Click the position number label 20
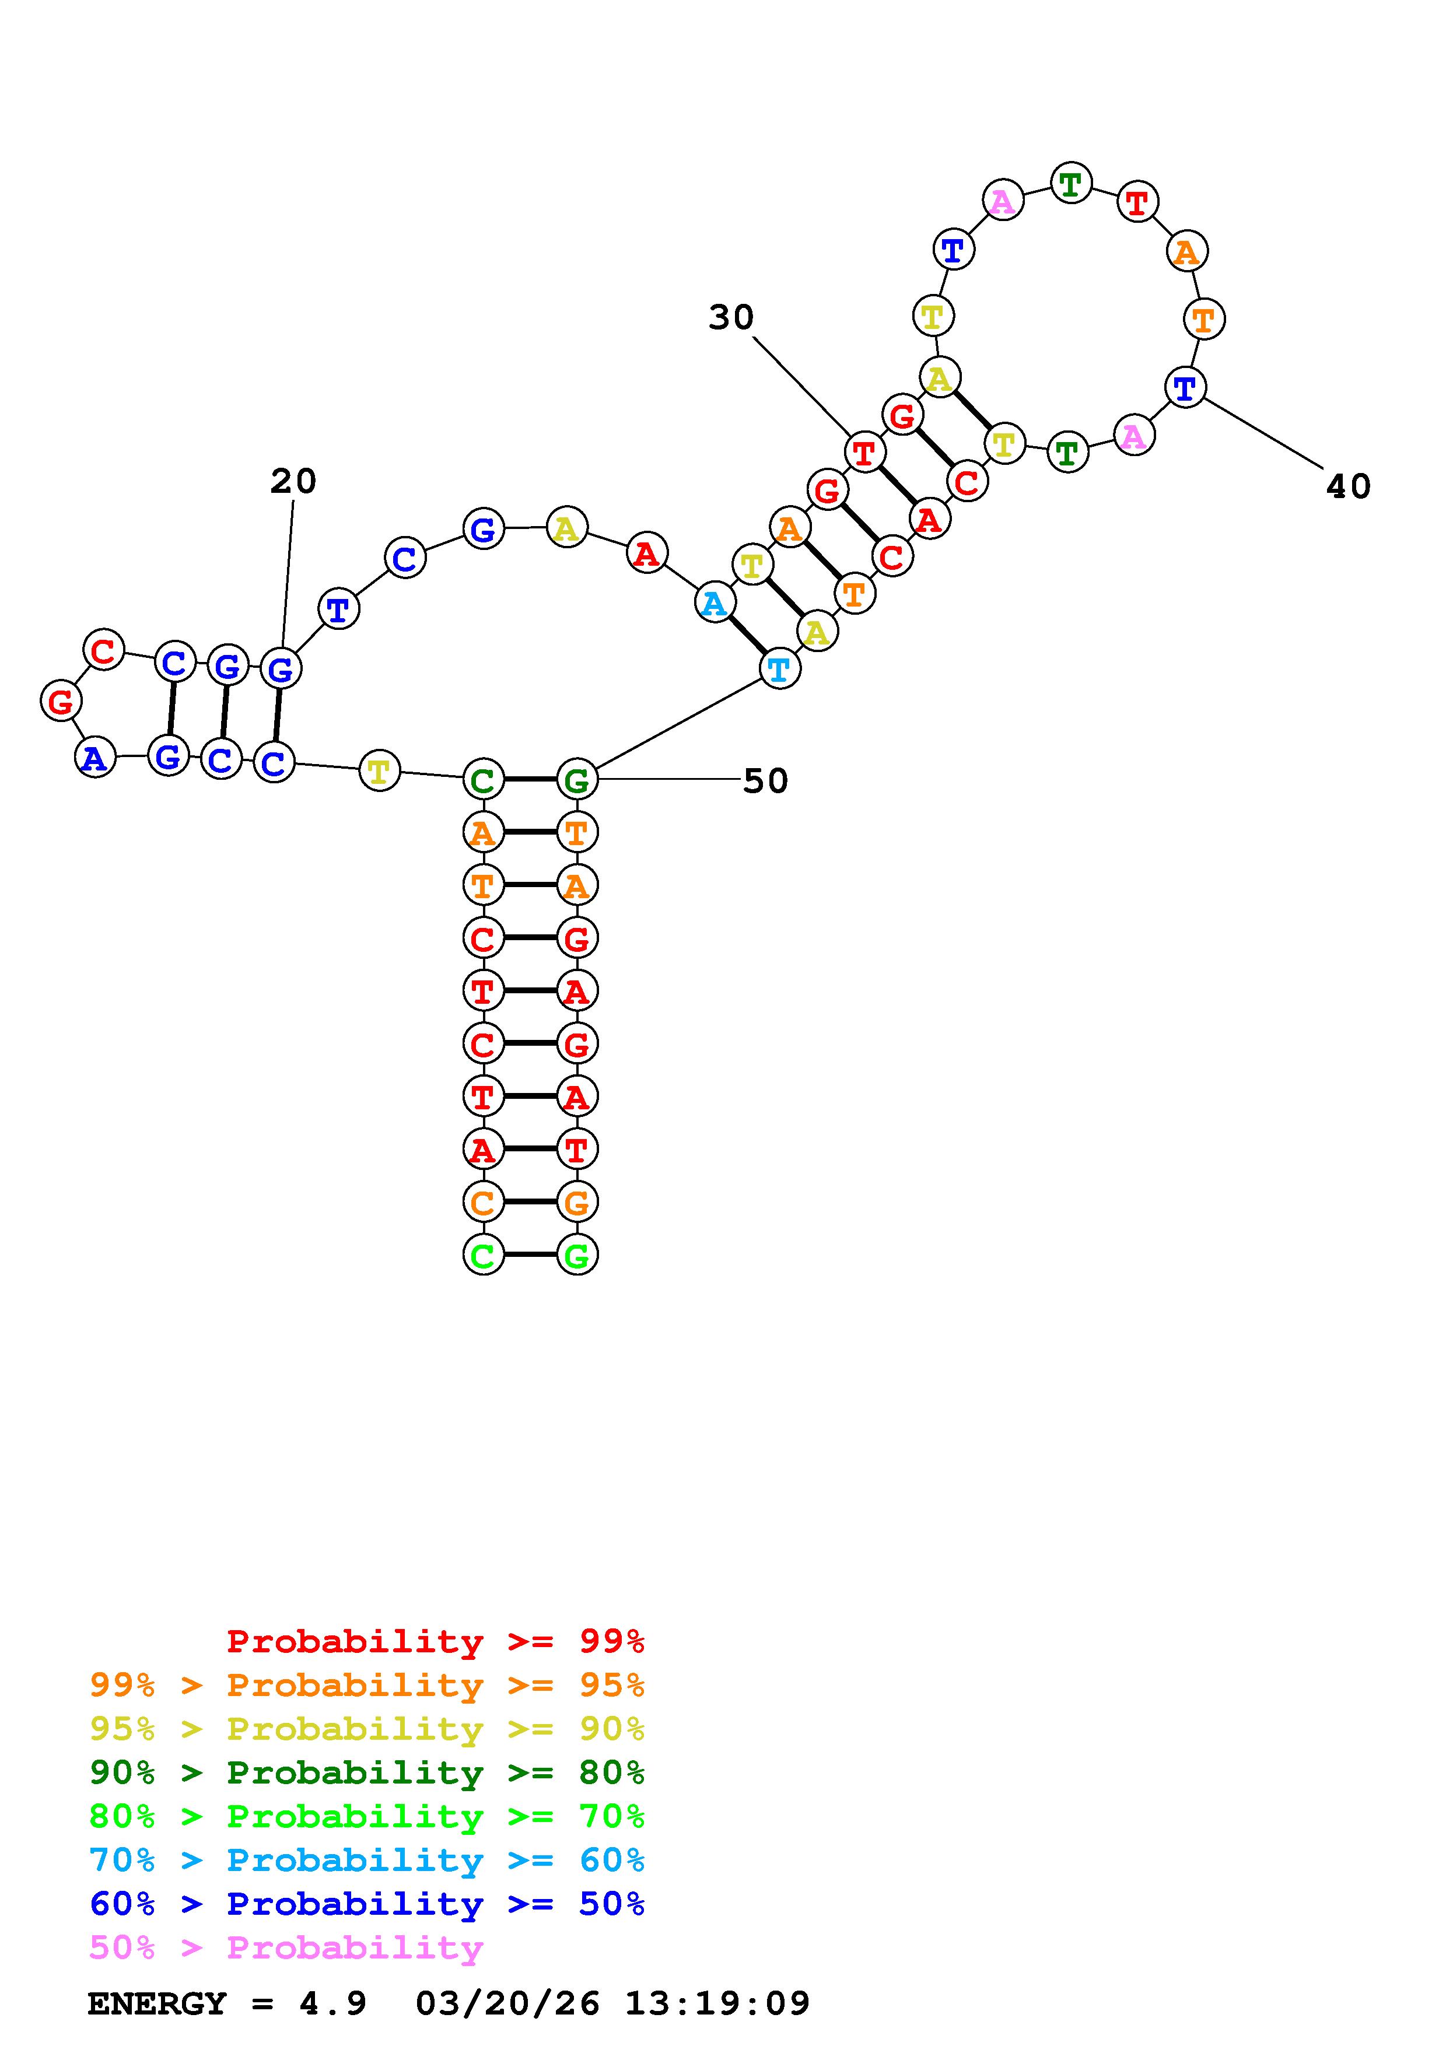pos(293,482)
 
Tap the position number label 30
pos(730,317)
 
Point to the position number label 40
pos(1348,486)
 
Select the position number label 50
pos(765,782)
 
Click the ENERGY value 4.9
pos(332,2003)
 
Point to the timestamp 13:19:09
pos(717,2003)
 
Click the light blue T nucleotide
pos(779,669)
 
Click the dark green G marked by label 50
pos(576,780)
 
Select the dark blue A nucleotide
pos(95,759)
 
